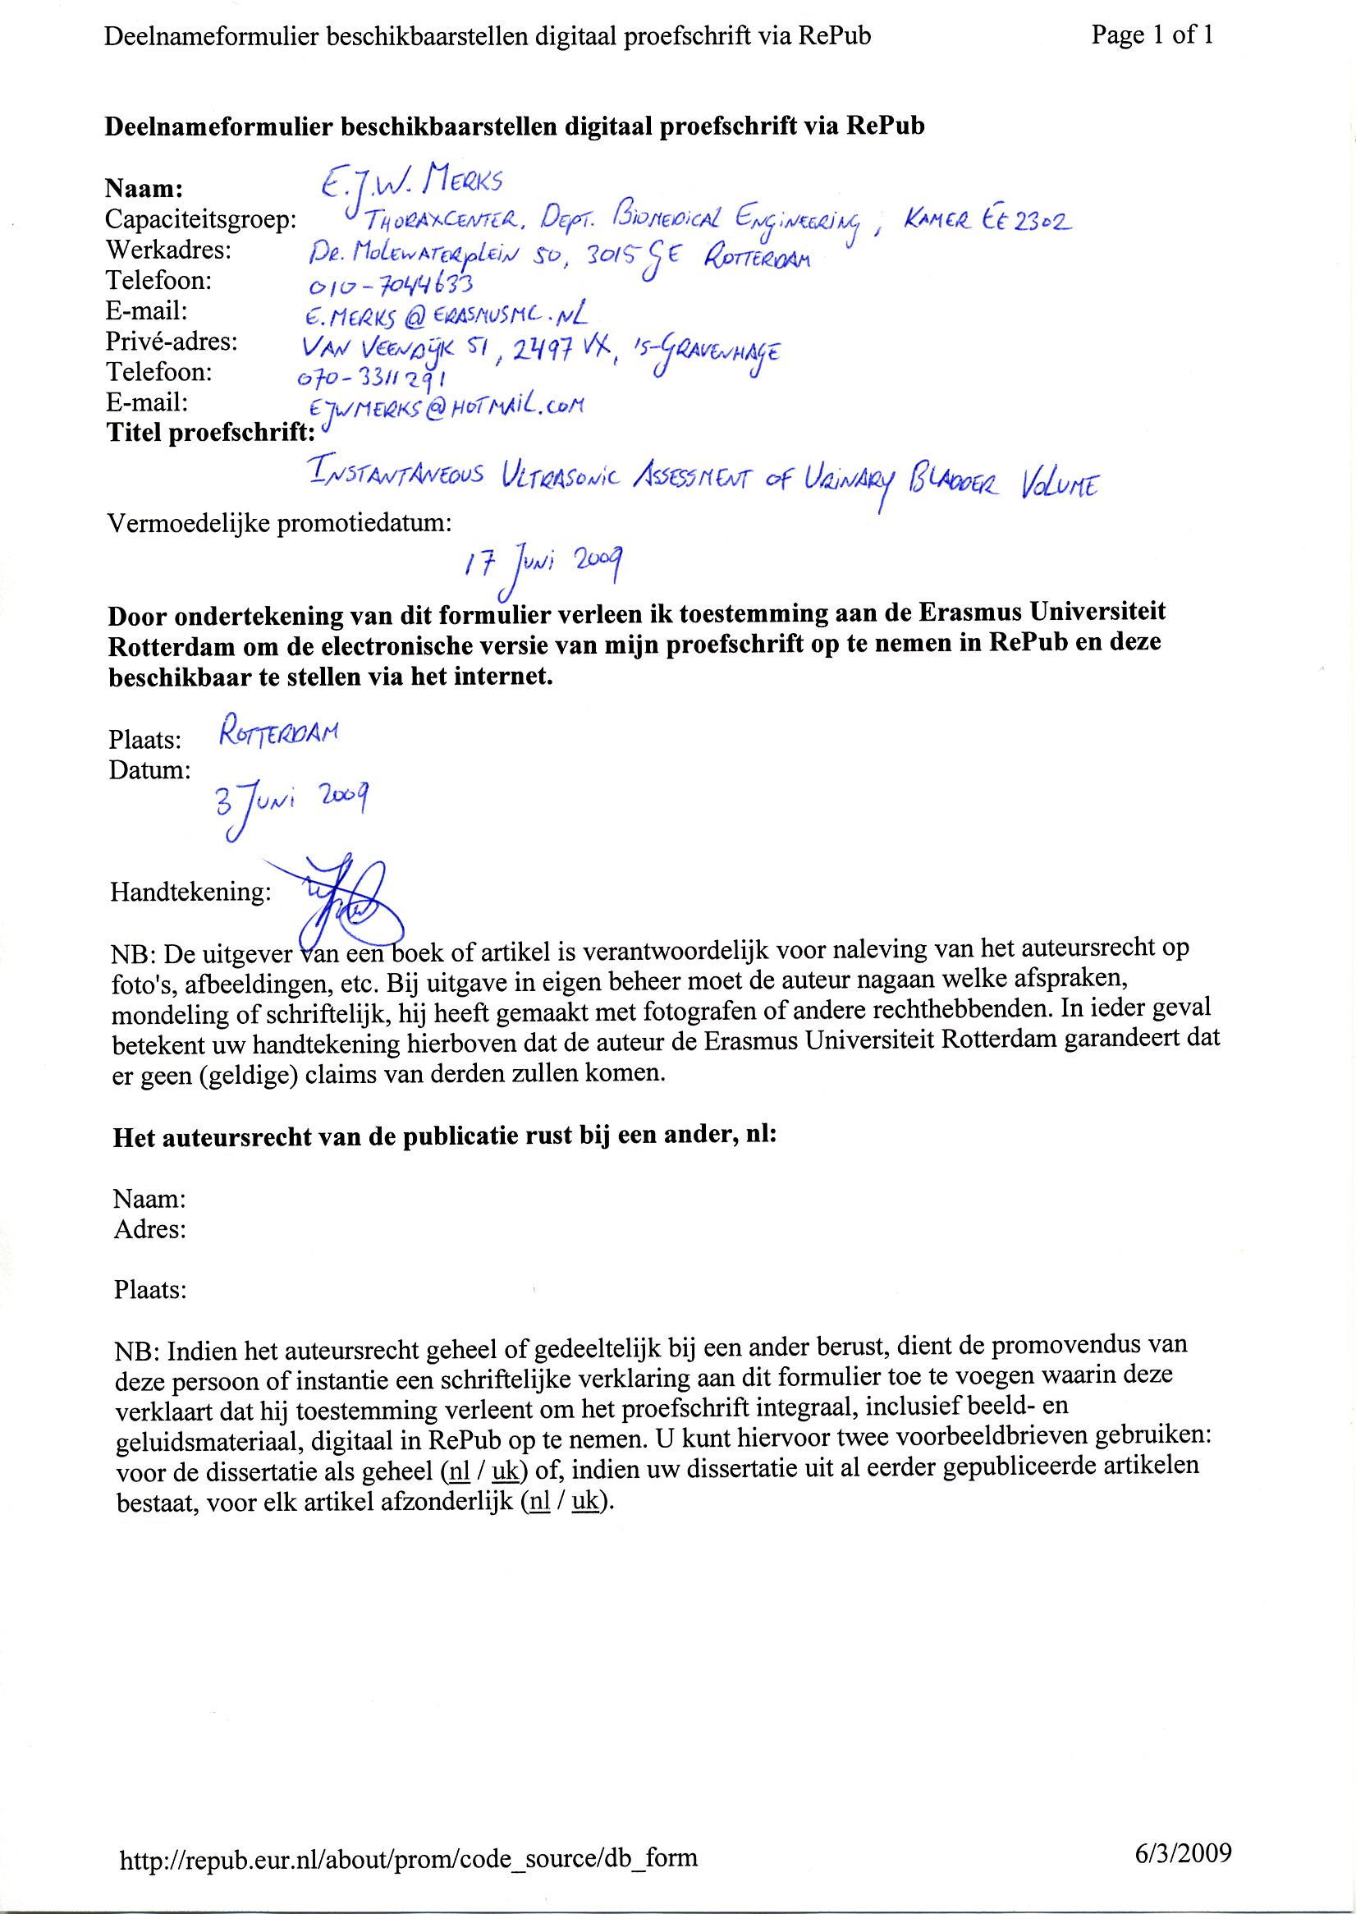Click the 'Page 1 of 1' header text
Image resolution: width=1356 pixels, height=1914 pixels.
(1152, 35)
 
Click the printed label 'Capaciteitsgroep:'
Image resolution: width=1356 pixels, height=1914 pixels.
(200, 219)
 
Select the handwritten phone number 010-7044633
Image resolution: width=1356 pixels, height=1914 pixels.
(391, 287)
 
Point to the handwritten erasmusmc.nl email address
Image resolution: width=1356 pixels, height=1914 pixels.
(447, 315)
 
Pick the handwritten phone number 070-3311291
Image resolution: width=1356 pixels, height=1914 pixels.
(373, 378)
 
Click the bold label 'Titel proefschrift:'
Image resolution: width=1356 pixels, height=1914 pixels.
(211, 433)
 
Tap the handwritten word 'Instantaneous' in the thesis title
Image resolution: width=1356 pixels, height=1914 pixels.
(395, 475)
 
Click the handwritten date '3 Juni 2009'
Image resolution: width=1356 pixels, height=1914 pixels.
(292, 804)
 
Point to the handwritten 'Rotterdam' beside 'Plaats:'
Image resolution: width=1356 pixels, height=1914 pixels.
(278, 735)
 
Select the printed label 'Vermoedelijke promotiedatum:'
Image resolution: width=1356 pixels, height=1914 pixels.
(280, 524)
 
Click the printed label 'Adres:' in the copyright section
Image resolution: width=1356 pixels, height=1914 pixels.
(149, 1229)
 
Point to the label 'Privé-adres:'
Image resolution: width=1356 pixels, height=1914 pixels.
(172, 342)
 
